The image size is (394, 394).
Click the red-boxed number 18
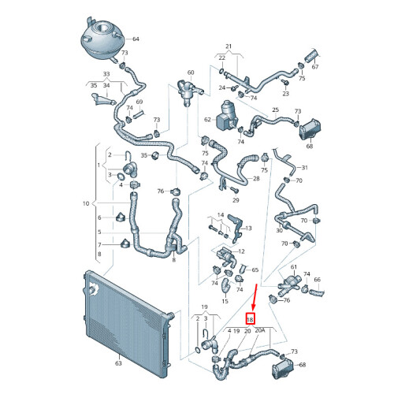[250, 319]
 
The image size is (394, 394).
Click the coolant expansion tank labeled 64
[102, 38]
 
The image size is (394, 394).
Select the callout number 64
[136, 39]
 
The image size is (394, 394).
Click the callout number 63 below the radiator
[118, 363]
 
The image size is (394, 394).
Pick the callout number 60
[191, 72]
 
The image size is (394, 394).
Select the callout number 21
[229, 46]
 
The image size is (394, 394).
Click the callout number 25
[275, 110]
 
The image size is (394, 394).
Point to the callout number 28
[256, 178]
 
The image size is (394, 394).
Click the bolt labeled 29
[233, 189]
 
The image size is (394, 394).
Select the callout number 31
[304, 167]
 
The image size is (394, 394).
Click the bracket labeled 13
[236, 228]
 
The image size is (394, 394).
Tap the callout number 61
[293, 267]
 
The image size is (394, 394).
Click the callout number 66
[318, 280]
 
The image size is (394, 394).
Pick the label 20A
[260, 330]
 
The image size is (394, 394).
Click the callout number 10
[86, 203]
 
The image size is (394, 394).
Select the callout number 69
[139, 102]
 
